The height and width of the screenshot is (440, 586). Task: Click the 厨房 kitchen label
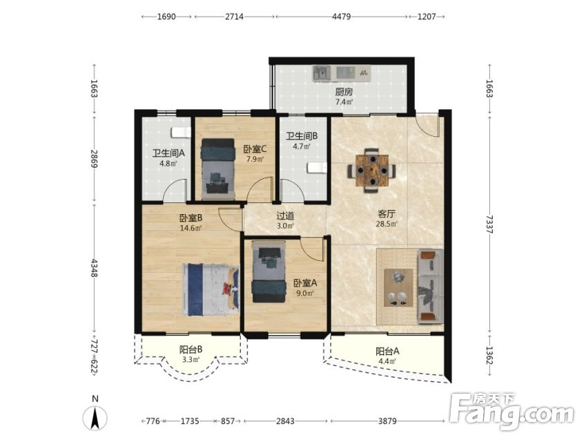pyautogui.click(x=344, y=92)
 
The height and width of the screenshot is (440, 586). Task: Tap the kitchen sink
pyautogui.click(x=322, y=73)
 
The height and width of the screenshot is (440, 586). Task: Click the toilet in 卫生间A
pyautogui.click(x=182, y=133)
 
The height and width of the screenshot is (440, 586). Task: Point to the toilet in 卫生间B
pyautogui.click(x=317, y=169)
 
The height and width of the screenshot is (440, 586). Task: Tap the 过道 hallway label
pyautogui.click(x=285, y=216)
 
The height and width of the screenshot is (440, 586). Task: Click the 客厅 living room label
pyautogui.click(x=386, y=214)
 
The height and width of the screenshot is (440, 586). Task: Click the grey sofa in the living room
pyautogui.click(x=430, y=286)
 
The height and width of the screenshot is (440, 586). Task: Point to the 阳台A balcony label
pyautogui.click(x=387, y=351)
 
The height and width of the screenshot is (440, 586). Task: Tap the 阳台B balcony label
pyautogui.click(x=191, y=350)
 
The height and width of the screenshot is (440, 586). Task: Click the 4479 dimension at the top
pyautogui.click(x=342, y=17)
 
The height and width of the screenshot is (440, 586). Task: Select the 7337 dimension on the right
pyautogui.click(x=490, y=224)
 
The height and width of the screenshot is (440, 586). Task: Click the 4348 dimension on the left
pyautogui.click(x=94, y=268)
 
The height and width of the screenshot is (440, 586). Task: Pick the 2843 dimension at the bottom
pyautogui.click(x=285, y=421)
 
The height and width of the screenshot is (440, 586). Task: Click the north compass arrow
pyautogui.click(x=96, y=417)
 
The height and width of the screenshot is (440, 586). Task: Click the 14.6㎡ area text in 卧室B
pyautogui.click(x=191, y=227)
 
